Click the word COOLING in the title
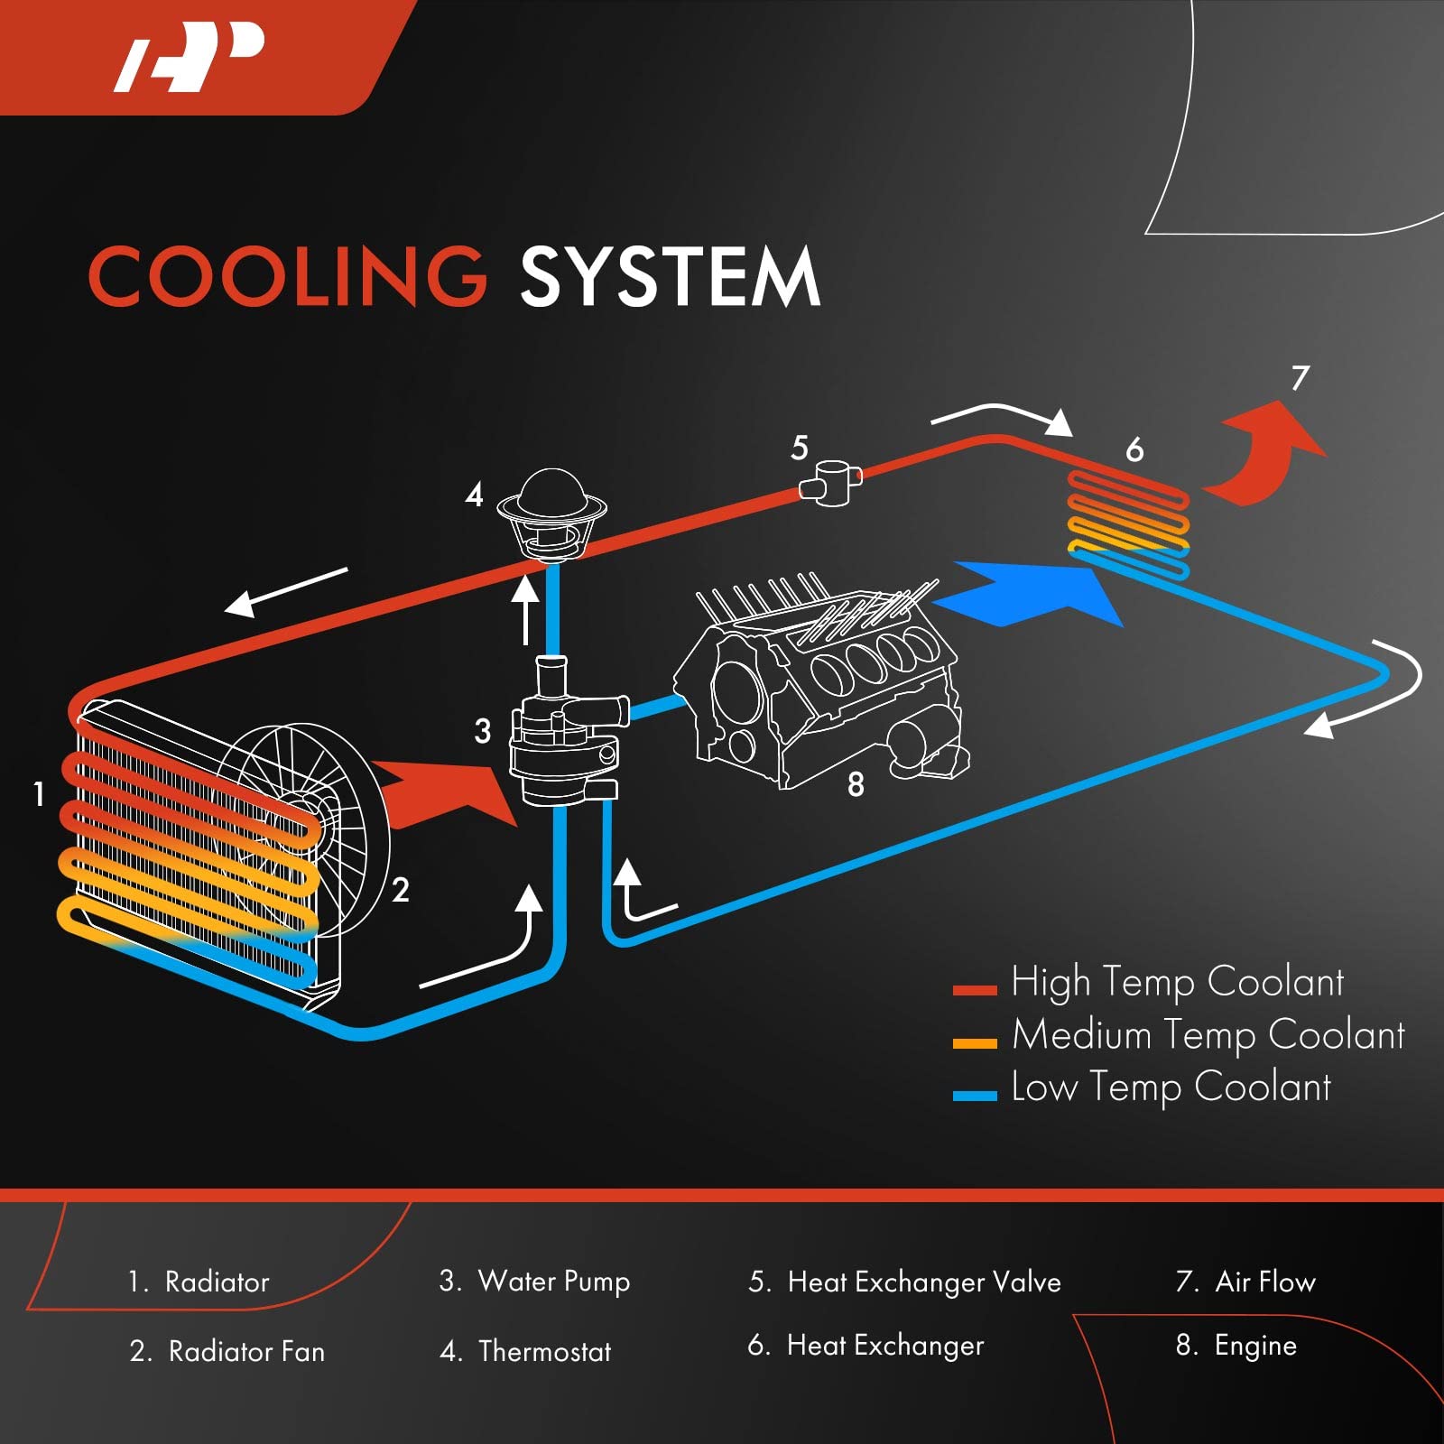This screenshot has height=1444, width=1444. tap(287, 276)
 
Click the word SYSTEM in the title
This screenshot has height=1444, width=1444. tap(670, 276)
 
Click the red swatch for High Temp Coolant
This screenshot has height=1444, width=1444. tap(975, 990)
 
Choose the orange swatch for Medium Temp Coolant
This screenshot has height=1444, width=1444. tap(975, 1043)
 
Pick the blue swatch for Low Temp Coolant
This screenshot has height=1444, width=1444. tap(975, 1096)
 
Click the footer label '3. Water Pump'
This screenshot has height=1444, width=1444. tap(535, 1282)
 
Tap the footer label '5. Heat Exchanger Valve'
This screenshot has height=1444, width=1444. tap(904, 1282)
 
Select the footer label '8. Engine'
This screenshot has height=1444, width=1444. tap(1236, 1346)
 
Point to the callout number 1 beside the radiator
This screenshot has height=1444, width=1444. tap(39, 794)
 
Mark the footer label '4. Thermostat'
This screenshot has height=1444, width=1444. tap(525, 1351)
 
